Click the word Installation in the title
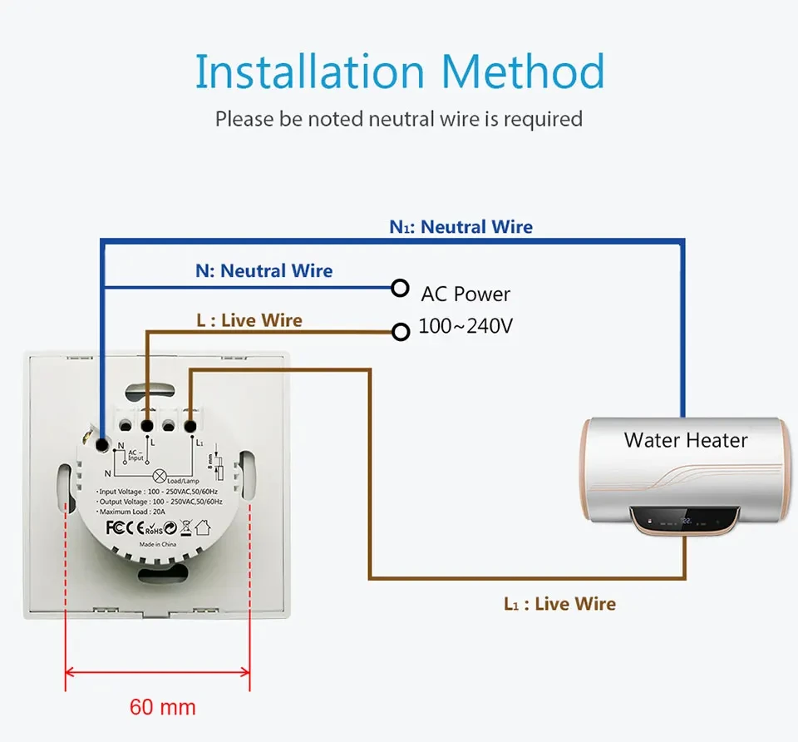click(310, 73)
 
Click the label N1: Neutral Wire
click(461, 227)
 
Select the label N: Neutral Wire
click(264, 270)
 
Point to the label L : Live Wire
click(249, 320)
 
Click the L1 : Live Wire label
click(559, 604)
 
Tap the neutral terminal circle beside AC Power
click(401, 288)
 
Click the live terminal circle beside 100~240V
click(401, 332)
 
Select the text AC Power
click(465, 294)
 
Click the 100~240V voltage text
click(465, 326)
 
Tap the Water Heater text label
click(686, 440)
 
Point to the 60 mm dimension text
click(163, 708)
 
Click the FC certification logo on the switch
click(116, 527)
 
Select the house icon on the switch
click(203, 527)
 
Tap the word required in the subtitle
click(544, 119)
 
